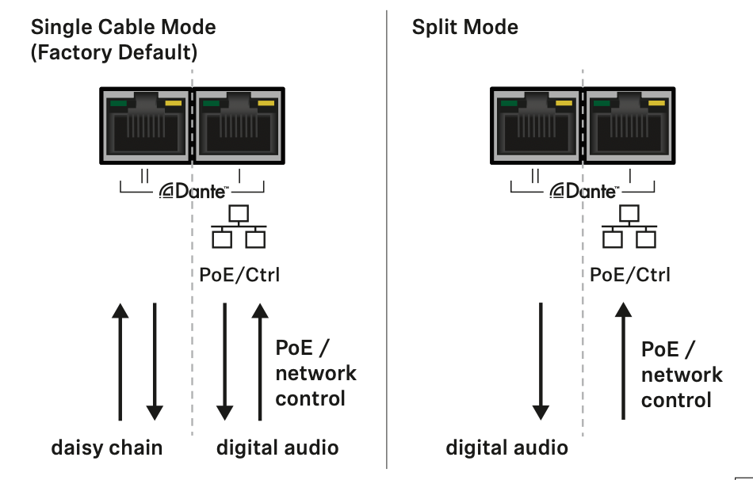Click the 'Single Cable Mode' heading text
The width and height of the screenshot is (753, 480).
click(x=123, y=27)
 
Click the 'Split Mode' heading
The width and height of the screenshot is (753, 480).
click(x=464, y=27)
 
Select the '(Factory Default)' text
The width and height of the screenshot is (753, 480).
click(x=113, y=53)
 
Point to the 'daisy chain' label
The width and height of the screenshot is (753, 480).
click(x=107, y=448)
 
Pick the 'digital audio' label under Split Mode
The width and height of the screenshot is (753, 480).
click(x=507, y=448)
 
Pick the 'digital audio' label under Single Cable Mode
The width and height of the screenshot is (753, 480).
click(x=277, y=448)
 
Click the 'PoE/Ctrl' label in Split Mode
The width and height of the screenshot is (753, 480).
click(x=630, y=275)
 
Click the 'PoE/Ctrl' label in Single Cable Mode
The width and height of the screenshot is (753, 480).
click(x=239, y=275)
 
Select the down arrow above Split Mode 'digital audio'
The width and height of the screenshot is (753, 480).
click(x=541, y=360)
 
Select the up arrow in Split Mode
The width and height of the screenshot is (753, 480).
click(x=624, y=360)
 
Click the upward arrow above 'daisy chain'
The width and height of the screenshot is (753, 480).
click(x=120, y=360)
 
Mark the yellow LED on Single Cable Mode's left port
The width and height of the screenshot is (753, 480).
click(x=173, y=103)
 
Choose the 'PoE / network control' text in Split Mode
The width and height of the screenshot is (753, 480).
click(x=681, y=375)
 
